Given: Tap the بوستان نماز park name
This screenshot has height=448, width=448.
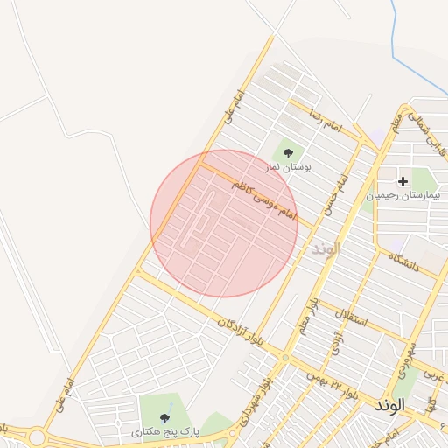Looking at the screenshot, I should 290,165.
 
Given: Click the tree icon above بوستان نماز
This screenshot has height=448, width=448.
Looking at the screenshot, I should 289,152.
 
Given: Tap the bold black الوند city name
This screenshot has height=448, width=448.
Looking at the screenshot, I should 390,406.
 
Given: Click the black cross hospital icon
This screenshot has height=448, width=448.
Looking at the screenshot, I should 402,182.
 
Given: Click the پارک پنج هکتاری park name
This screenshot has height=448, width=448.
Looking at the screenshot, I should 166,432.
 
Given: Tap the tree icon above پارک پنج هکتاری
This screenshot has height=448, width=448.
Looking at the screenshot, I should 165,418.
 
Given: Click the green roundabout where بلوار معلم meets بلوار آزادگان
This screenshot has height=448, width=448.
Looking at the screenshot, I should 284,357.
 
